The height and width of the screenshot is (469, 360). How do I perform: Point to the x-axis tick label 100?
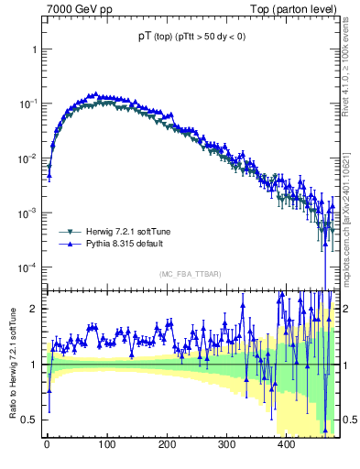click(107, 444)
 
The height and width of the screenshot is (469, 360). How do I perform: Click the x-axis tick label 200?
click(167, 444)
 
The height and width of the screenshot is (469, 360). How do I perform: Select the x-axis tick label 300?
click(226, 444)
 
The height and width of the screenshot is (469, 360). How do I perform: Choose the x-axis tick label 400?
click(286, 444)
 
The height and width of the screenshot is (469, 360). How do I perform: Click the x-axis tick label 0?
click(48, 444)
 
